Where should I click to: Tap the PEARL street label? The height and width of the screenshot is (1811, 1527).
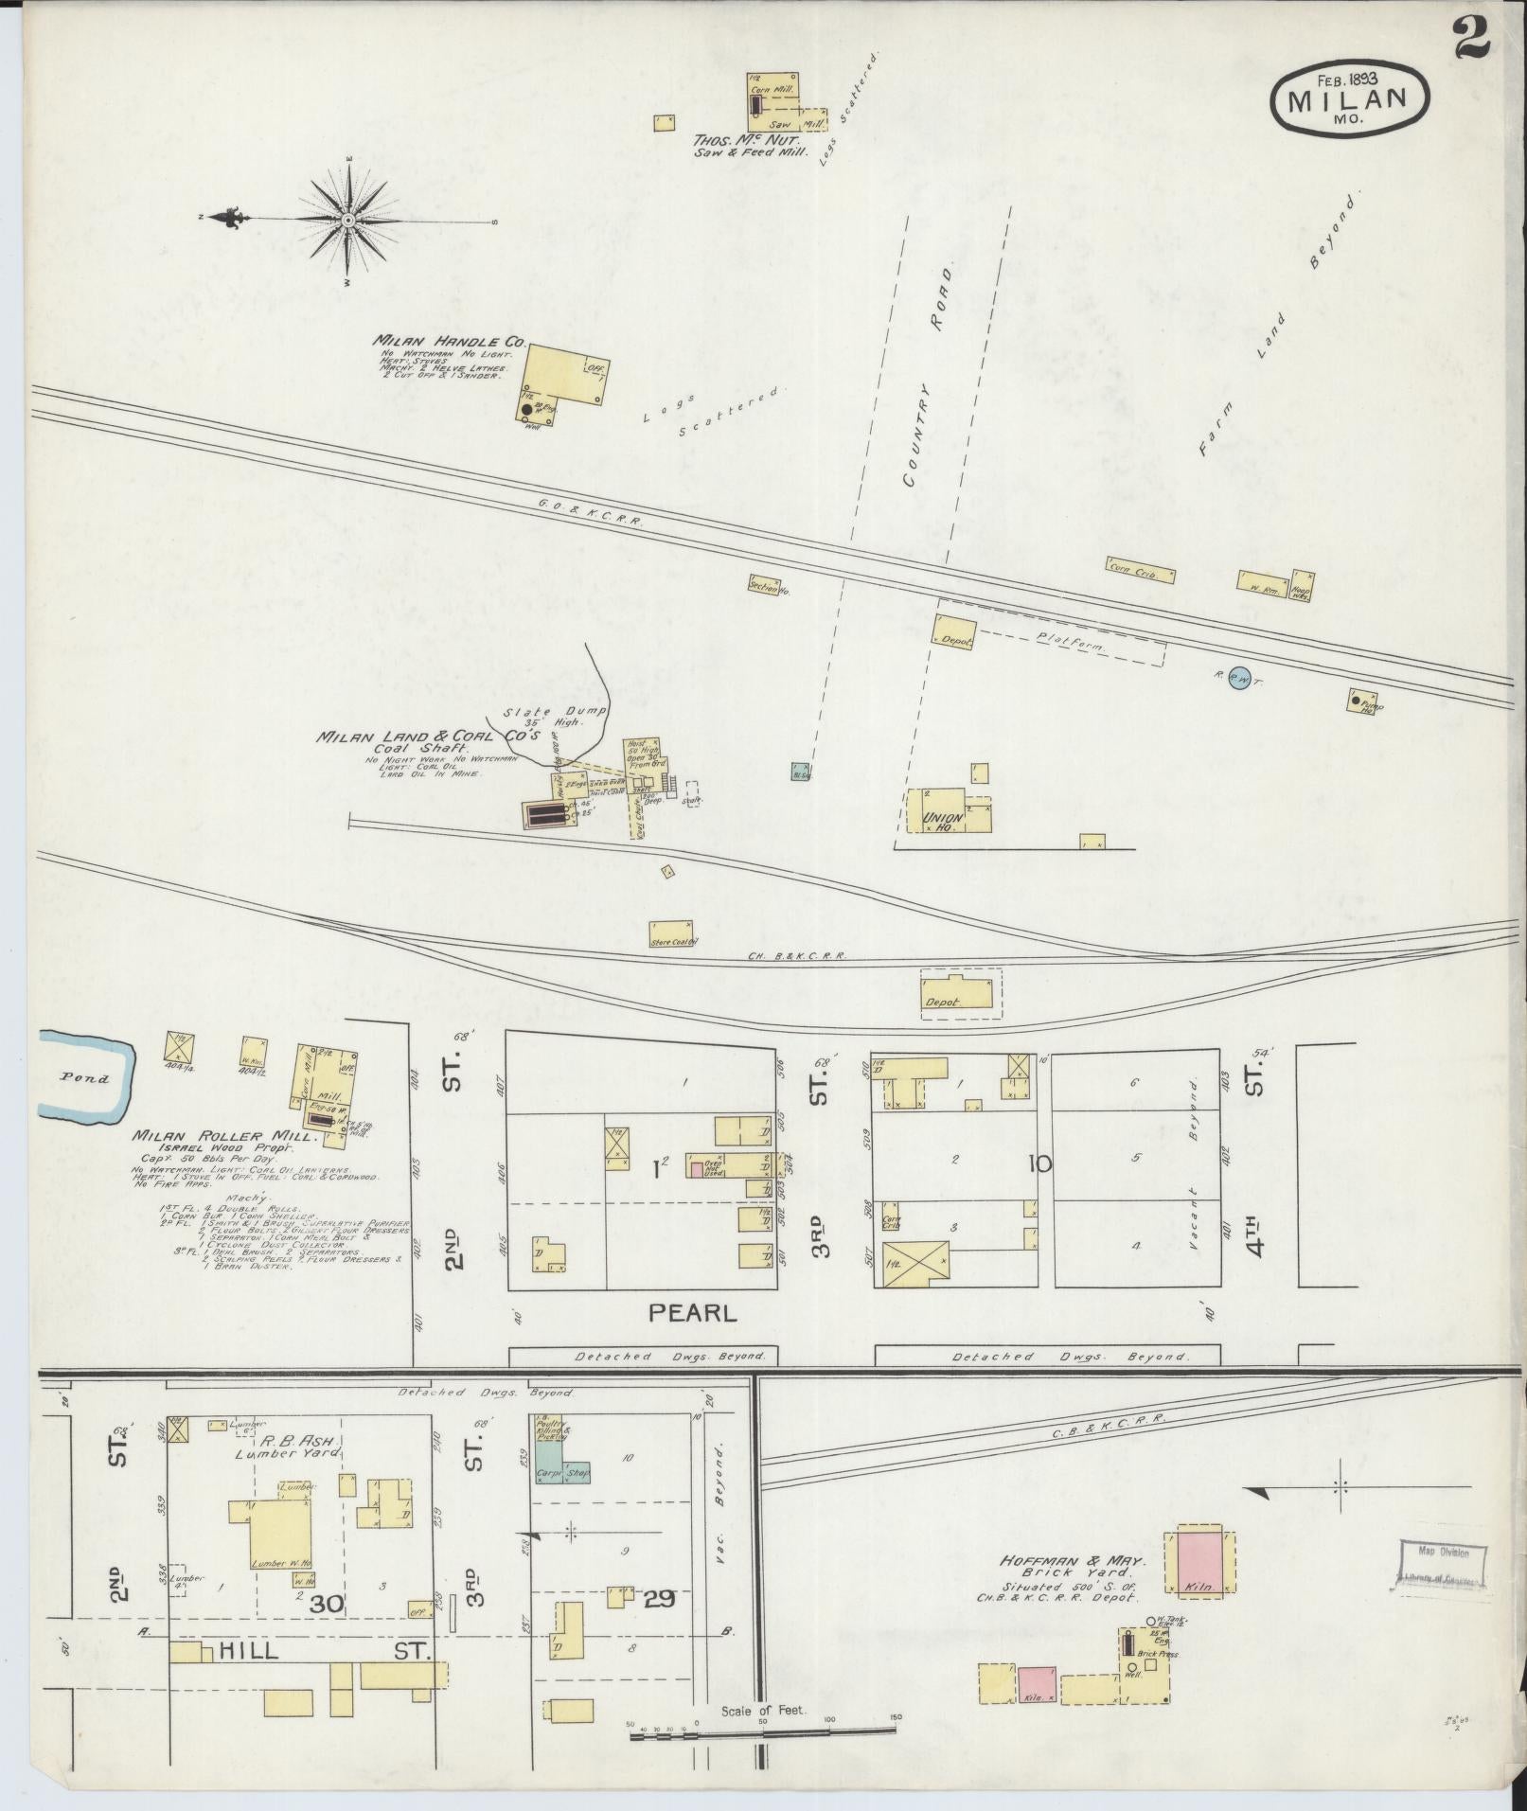691,1313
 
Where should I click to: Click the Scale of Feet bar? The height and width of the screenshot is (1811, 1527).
762,1731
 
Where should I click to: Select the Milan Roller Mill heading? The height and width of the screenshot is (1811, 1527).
201,1135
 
